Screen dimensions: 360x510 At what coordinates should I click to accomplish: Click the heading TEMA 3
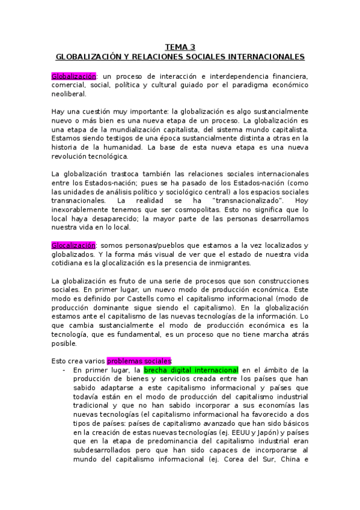pyautogui.click(x=180, y=47)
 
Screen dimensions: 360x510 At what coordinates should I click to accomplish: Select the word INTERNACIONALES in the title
pyautogui.click(x=264, y=57)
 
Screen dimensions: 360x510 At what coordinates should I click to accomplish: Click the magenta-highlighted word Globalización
pyautogui.click(x=74, y=76)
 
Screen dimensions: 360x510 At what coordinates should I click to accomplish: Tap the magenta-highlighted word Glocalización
pyautogui.click(x=74, y=245)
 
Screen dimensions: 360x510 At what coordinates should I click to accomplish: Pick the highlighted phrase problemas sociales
pyautogui.click(x=139, y=361)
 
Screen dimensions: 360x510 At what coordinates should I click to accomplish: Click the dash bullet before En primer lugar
pyautogui.click(x=64, y=370)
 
